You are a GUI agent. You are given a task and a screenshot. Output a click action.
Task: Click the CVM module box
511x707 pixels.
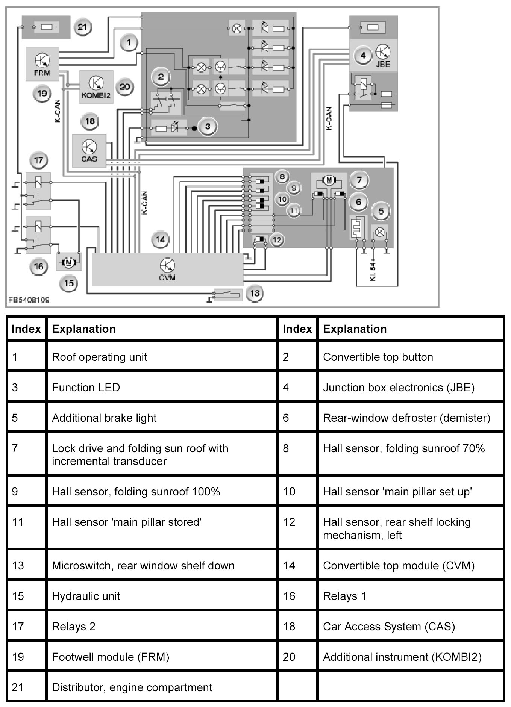pyautogui.click(x=168, y=269)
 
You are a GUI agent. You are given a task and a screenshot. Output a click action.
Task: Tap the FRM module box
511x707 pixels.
pyautogui.click(x=42, y=64)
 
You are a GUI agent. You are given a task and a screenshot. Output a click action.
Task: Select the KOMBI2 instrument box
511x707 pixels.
pyautogui.click(x=96, y=87)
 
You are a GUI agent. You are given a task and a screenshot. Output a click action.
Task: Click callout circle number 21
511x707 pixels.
pyautogui.click(x=82, y=27)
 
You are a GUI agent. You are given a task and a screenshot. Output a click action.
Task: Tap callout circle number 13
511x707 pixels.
pyautogui.click(x=255, y=293)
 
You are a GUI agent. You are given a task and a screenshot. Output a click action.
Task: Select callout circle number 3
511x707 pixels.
pyautogui.click(x=208, y=127)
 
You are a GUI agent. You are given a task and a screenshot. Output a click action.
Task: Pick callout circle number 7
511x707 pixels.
pyautogui.click(x=359, y=180)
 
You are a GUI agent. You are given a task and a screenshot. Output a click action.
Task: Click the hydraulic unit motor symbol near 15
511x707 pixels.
pyautogui.click(x=68, y=262)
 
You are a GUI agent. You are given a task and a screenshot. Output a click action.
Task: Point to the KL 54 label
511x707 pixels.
pyautogui.click(x=373, y=272)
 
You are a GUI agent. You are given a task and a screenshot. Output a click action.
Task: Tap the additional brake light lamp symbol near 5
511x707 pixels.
pyautogui.click(x=380, y=233)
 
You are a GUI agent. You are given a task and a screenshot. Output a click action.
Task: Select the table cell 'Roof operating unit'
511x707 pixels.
pyautogui.click(x=100, y=357)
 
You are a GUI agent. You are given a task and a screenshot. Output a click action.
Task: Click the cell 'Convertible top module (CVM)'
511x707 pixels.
pyautogui.click(x=399, y=565)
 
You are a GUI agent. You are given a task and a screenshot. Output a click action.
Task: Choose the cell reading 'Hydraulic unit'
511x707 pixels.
pyautogui.click(x=86, y=596)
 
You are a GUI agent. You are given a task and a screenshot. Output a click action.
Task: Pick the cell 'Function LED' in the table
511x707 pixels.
pyautogui.click(x=86, y=388)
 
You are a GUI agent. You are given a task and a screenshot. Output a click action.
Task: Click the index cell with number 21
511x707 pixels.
pyautogui.click(x=18, y=687)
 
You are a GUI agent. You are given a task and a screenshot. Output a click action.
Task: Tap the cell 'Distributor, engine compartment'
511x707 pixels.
pyautogui.click(x=132, y=687)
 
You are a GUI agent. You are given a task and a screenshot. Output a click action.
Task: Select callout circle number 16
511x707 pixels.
pyautogui.click(x=39, y=266)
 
